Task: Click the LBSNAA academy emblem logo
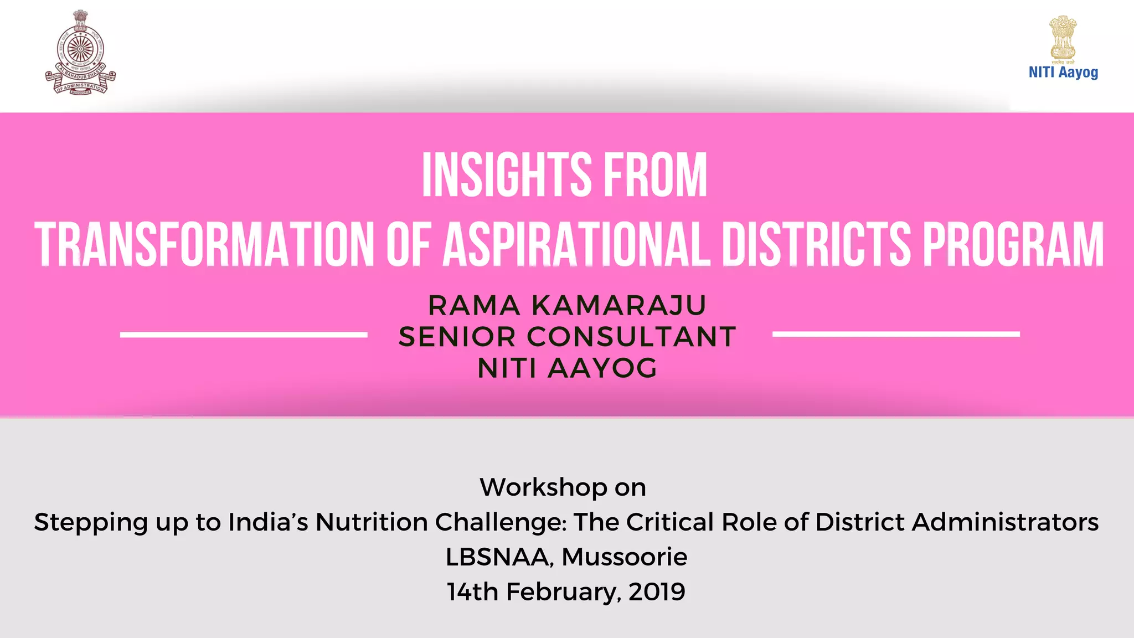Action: pos(80,53)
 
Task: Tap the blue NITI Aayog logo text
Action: pos(1063,73)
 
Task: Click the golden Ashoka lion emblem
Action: pos(1063,38)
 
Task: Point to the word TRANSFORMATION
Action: pos(204,244)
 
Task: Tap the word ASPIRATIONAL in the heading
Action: pos(576,244)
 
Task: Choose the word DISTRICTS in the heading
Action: pos(816,244)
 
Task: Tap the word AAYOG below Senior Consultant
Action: pos(602,368)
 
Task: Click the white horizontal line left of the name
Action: pos(244,335)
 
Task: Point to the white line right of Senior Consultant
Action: pos(896,334)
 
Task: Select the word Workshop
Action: pos(543,487)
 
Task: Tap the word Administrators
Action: pos(1005,522)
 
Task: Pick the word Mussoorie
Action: pos(624,557)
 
